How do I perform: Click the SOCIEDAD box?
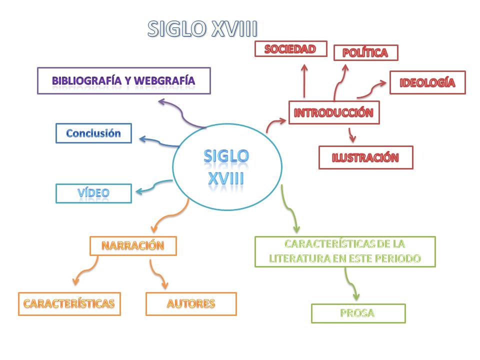(291, 48)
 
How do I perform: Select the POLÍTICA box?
(366, 52)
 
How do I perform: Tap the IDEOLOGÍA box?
(427, 82)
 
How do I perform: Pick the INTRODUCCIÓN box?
(334, 112)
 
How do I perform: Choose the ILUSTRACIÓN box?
(366, 157)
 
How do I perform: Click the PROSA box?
(358, 313)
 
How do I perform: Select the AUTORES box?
(191, 303)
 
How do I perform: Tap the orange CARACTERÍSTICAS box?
(69, 303)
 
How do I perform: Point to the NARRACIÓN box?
(133, 246)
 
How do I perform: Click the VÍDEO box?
(93, 193)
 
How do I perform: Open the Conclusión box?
(93, 133)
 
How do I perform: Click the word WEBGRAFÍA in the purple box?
(164, 80)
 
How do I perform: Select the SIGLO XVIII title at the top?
(202, 29)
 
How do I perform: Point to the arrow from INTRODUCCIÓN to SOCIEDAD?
(304, 81)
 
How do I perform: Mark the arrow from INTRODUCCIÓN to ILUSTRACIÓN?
(351, 135)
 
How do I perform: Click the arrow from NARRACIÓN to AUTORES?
(157, 274)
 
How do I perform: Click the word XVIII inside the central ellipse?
(226, 178)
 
